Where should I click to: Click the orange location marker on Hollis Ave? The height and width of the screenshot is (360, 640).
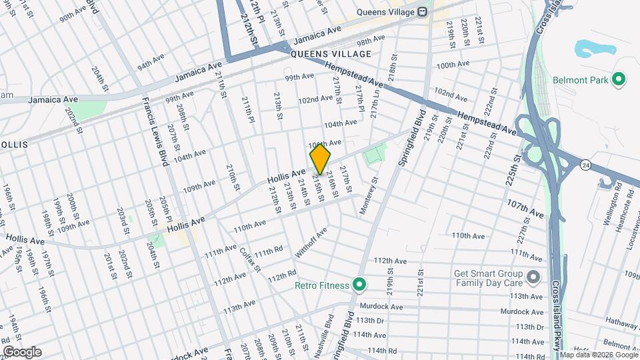[x=320, y=159]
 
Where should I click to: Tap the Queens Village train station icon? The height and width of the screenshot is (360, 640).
[x=422, y=11]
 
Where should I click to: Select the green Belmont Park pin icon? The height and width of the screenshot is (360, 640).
[x=618, y=80]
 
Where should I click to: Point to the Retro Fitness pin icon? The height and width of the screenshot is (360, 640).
[x=359, y=285]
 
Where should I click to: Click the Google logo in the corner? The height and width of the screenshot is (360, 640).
[x=21, y=352]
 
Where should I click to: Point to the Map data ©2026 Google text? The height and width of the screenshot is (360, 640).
[x=598, y=355]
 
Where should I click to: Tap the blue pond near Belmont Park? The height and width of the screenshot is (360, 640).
[x=588, y=49]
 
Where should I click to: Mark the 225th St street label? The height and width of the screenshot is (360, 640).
[x=515, y=172]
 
